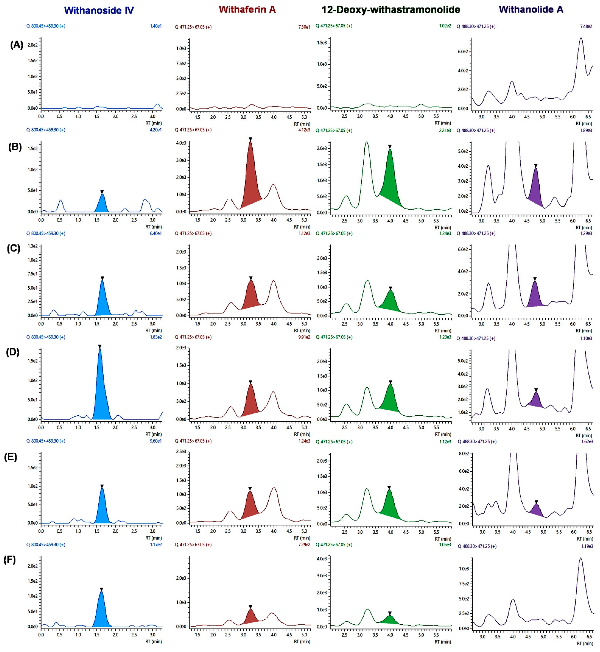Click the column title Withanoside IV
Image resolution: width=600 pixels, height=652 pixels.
tap(99, 10)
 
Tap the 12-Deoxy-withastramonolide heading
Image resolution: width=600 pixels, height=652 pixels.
tap(391, 10)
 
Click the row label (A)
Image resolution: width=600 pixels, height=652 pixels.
tap(17, 45)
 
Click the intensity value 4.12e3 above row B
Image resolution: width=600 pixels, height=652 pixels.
tap(304, 130)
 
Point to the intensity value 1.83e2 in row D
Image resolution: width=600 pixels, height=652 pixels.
tap(156, 337)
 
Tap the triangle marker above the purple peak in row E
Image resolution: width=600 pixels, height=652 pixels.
tap(536, 502)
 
